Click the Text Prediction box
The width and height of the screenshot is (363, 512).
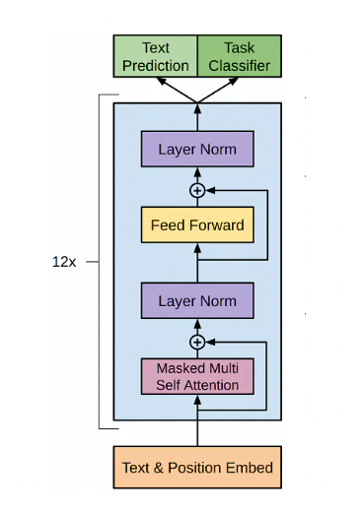(x=156, y=56)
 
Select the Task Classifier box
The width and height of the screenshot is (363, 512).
(x=240, y=56)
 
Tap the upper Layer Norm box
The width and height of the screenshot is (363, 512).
(x=197, y=151)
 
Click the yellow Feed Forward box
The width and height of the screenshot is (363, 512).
(x=197, y=225)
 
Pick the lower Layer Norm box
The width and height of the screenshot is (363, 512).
(x=197, y=299)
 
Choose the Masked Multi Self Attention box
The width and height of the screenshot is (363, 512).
(x=197, y=376)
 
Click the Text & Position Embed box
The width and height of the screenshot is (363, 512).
(x=197, y=467)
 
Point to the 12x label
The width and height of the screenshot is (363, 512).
(x=64, y=263)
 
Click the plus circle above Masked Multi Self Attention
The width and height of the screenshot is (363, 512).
(x=197, y=342)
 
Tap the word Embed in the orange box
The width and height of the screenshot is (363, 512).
(x=251, y=467)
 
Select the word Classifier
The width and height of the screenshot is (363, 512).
(x=240, y=65)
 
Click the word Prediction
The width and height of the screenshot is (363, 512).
(x=156, y=65)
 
